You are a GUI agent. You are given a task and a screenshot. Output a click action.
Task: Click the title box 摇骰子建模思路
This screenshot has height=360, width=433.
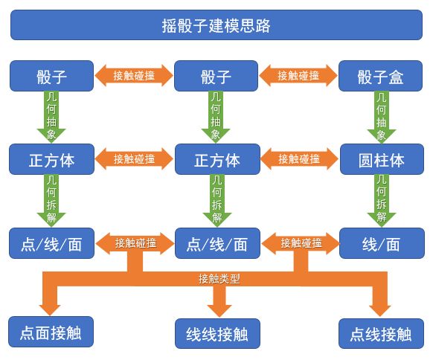pyautogui.click(x=216, y=25)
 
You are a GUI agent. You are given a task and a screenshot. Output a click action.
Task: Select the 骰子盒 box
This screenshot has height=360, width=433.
pyautogui.click(x=380, y=76)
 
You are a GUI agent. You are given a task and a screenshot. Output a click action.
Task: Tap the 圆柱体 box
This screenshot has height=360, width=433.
pyautogui.click(x=382, y=159)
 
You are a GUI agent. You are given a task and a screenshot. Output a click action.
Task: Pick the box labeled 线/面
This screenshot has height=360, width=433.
pyautogui.click(x=382, y=243)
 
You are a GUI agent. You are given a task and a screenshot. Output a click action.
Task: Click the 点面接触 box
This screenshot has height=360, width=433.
pyautogui.click(x=51, y=332)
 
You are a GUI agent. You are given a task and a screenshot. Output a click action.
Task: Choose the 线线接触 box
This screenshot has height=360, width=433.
pyautogui.click(x=217, y=334)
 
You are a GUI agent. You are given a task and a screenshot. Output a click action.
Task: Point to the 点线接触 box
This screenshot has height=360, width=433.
pyautogui.click(x=382, y=334)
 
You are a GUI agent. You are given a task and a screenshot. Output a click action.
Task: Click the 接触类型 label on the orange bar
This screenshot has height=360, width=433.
pyautogui.click(x=219, y=279)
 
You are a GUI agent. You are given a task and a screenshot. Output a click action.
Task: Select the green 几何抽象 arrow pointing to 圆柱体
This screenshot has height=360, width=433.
pyautogui.click(x=382, y=117)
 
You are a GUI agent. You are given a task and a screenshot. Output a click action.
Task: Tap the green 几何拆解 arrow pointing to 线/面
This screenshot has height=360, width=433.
pyautogui.click(x=382, y=201)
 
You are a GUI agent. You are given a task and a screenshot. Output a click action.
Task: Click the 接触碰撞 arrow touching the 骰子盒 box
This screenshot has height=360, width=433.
pyautogui.click(x=298, y=76)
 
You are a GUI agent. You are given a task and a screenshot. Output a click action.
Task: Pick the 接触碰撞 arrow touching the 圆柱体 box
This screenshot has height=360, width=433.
pyautogui.click(x=299, y=159)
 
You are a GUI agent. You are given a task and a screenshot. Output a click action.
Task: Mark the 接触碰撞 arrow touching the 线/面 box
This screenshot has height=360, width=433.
pyautogui.click(x=301, y=243)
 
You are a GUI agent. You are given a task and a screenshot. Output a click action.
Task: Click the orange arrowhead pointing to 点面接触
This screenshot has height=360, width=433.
pyautogui.click(x=50, y=309)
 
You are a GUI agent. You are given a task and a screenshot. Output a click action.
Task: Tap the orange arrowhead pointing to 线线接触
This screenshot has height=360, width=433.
pyautogui.click(x=219, y=311)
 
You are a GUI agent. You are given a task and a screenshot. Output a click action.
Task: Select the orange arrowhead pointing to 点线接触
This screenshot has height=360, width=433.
pyautogui.click(x=380, y=310)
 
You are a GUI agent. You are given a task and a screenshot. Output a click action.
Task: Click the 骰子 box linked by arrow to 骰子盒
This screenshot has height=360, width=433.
pyautogui.click(x=216, y=76)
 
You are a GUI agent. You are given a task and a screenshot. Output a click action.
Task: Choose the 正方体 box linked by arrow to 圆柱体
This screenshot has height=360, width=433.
pyautogui.click(x=217, y=159)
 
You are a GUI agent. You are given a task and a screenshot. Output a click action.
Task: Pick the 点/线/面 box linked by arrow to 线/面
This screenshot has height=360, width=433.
pyautogui.click(x=217, y=243)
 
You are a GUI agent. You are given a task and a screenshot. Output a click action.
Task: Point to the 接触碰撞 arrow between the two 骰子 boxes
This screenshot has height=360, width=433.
pyautogui.click(x=134, y=76)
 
